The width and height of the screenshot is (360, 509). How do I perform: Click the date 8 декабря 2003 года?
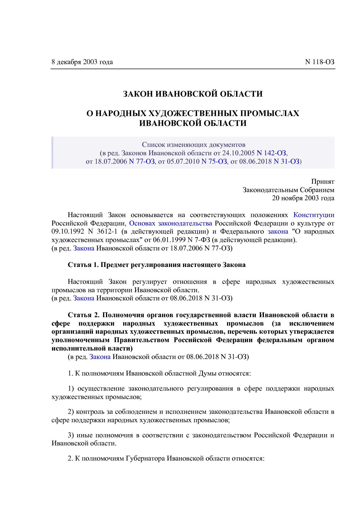[x=82, y=62]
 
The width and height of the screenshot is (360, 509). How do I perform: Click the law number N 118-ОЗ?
[x=320, y=62]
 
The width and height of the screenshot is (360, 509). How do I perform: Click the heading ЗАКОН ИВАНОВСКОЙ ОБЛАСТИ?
[x=193, y=94]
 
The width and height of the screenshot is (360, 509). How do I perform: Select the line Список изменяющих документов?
[x=193, y=145]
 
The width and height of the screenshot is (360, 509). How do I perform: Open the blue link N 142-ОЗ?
[x=271, y=153]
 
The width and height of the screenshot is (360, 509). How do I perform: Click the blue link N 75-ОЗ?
[x=214, y=161]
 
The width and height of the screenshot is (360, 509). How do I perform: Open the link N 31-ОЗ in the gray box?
[x=286, y=161]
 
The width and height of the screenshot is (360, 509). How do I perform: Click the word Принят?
[x=323, y=182]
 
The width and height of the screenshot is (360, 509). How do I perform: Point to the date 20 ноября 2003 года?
[x=303, y=198]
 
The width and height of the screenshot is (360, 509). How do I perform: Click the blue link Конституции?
[x=314, y=215]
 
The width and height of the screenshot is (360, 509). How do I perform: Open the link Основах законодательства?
[x=170, y=223]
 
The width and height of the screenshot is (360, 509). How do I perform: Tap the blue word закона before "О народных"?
[x=278, y=232]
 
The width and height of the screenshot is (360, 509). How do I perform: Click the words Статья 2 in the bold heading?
[x=84, y=315]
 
